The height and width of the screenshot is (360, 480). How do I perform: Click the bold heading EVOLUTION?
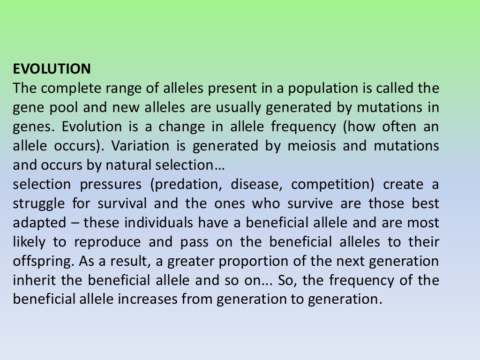(52, 69)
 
